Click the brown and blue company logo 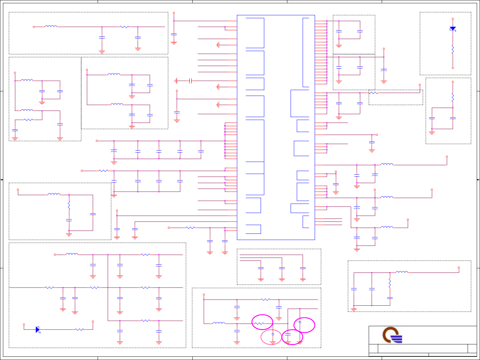pos(392,335)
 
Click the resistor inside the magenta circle pos(259,323)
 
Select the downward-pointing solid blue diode pos(453,29)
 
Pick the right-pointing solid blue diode pos(37,329)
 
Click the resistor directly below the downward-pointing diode pos(453,49)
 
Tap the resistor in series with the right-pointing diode pos(79,329)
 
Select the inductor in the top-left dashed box pos(51,27)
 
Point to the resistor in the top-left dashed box pos(124,27)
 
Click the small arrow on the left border pos(2,180)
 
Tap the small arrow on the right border pos(478,180)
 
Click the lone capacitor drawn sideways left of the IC pos(191,81)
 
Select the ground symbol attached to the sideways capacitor pos(176,81)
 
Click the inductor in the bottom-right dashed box pos(402,272)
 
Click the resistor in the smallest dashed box pos(373,93)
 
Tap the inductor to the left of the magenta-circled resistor pos(219,323)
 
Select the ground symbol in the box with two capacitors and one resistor pos(432,132)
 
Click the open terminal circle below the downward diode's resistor pos(453,68)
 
